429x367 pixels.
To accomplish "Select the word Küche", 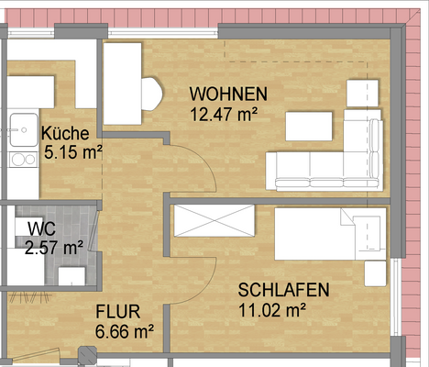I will click(65, 133).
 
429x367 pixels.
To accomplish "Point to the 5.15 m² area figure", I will click(72, 152).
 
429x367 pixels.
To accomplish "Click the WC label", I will click(41, 228).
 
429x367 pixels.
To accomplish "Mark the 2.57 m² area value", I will click(54, 247).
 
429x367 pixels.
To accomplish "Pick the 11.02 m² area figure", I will click(272, 310).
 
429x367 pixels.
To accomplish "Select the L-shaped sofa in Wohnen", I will click(325, 165).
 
